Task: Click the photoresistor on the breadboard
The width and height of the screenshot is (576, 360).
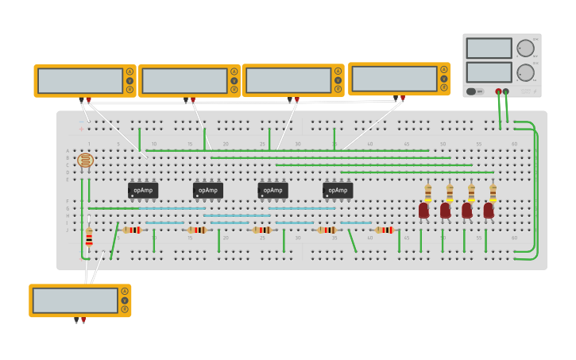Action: tap(85, 161)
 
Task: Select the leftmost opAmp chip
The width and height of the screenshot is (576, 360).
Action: tap(143, 191)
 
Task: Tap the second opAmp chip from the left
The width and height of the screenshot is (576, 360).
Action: tap(207, 191)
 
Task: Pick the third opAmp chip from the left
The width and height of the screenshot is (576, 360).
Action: tap(273, 191)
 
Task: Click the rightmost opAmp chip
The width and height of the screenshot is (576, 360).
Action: tap(338, 191)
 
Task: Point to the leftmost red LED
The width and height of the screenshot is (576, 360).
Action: tap(423, 211)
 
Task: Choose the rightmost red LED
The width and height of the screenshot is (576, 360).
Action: tap(489, 211)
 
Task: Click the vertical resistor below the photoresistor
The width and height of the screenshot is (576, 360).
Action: tap(89, 237)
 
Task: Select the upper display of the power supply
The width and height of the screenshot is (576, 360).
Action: tap(489, 48)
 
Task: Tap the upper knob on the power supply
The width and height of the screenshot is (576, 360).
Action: tap(525, 48)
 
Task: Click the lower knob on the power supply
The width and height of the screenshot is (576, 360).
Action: tap(525, 73)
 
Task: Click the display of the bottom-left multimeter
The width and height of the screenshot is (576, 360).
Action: tap(75, 300)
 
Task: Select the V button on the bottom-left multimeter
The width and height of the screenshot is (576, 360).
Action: tap(125, 300)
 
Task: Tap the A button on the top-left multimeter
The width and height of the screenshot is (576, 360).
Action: tap(130, 72)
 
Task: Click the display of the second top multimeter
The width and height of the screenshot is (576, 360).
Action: tap(184, 80)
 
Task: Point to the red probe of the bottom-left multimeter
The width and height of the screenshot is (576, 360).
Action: tap(83, 319)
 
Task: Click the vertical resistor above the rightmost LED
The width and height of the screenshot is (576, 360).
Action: tap(493, 192)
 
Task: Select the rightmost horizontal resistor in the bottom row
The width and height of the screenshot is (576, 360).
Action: tap(385, 230)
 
